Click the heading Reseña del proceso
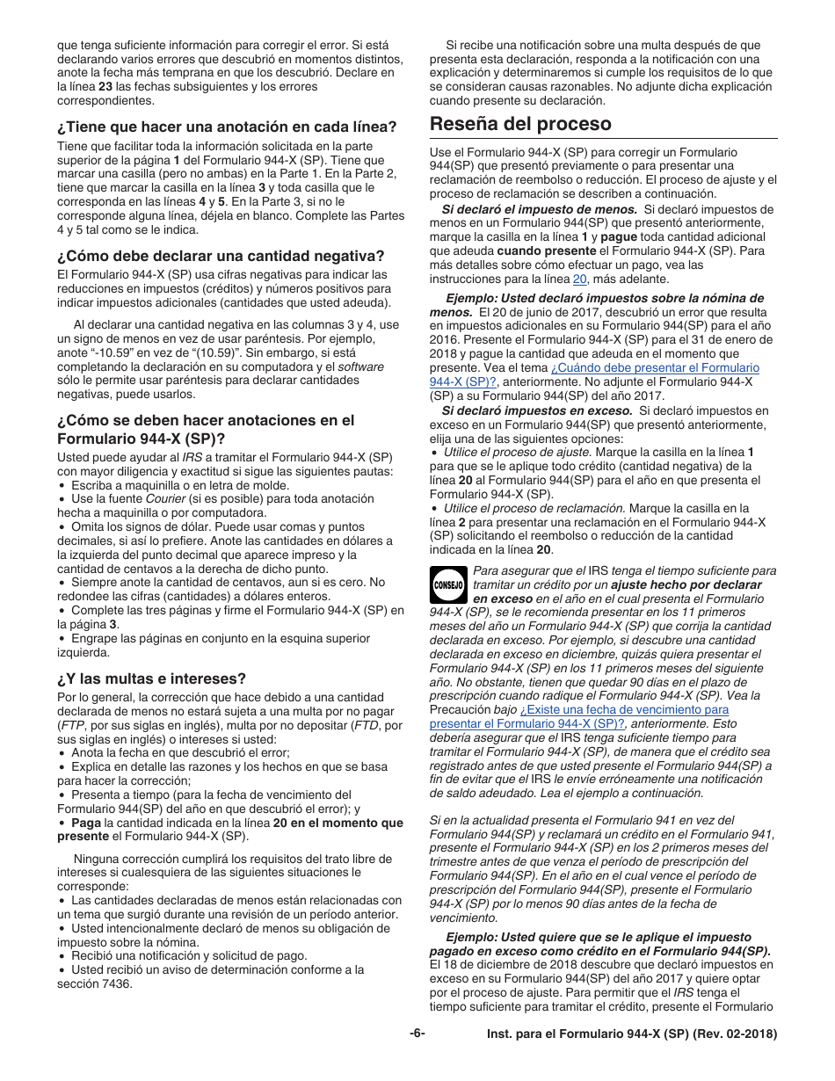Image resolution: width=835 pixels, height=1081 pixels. point(520,124)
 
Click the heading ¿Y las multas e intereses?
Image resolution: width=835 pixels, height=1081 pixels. point(151,678)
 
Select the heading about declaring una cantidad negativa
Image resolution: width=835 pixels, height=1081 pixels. point(221,256)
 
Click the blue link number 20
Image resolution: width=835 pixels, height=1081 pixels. point(579,279)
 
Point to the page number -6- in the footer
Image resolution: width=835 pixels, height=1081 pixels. point(417,1034)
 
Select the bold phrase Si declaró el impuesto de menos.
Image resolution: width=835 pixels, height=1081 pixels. point(540,209)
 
